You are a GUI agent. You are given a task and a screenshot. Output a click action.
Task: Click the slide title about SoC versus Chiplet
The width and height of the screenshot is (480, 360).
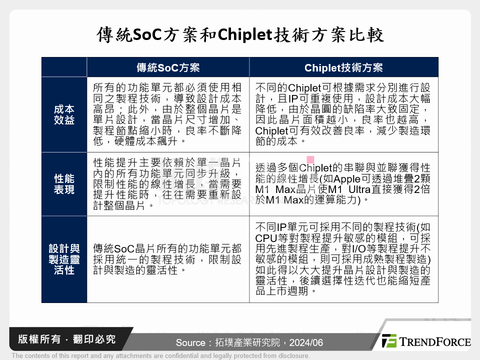pyautogui.click(x=240, y=35)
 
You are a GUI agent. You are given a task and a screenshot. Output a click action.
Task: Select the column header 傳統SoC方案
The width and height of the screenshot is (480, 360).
pyautogui.click(x=168, y=67)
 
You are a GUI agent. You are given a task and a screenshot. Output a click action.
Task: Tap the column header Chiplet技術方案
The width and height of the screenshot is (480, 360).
pyautogui.click(x=343, y=67)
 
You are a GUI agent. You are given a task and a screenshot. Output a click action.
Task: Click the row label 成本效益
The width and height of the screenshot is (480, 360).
pyautogui.click(x=64, y=114)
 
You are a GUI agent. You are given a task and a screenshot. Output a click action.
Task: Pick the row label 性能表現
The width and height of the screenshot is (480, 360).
pyautogui.click(x=64, y=184)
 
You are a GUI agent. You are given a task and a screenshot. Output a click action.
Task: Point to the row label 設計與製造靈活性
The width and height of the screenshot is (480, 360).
pyautogui.click(x=64, y=259)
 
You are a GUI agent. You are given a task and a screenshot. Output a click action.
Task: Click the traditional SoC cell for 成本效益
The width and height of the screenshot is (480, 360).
pyautogui.click(x=168, y=114)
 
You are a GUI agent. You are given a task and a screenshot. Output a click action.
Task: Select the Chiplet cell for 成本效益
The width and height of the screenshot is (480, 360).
pyautogui.click(x=343, y=114)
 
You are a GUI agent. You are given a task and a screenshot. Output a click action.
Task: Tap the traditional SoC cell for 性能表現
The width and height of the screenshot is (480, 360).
pyautogui.click(x=168, y=184)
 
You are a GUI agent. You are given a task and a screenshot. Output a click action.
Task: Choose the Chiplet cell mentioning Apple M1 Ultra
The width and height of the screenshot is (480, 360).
pyautogui.click(x=343, y=184)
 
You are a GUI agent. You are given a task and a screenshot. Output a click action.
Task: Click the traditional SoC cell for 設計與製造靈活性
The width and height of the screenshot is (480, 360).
pyautogui.click(x=168, y=259)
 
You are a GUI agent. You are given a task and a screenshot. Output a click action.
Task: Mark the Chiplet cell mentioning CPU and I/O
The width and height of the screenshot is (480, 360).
pyautogui.click(x=343, y=259)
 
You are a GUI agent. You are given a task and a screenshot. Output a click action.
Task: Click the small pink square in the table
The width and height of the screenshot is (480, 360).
pyautogui.click(x=310, y=159)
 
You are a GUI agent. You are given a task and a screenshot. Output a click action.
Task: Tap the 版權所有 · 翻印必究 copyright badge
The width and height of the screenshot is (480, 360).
pyautogui.click(x=67, y=339)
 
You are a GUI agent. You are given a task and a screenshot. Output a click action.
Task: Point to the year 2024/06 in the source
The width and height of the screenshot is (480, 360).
pyautogui.click(x=306, y=343)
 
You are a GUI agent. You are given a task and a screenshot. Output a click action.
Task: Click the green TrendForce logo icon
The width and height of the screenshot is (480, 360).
pyautogui.click(x=389, y=341)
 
